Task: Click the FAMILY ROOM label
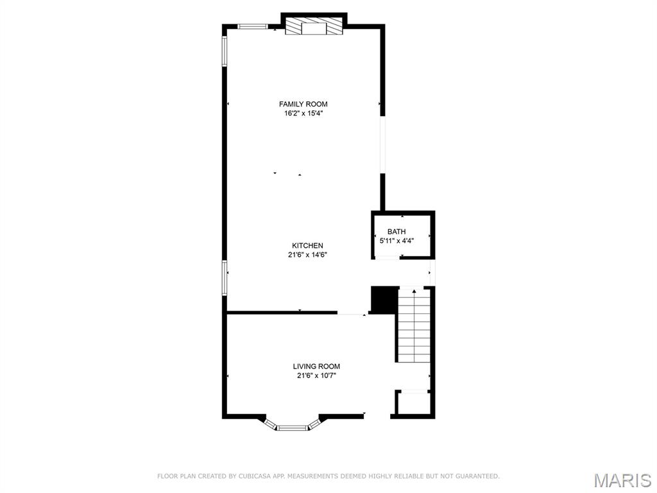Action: [303, 104]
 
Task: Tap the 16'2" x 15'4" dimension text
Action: [303, 114]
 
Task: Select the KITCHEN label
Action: [307, 246]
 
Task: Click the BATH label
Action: [397, 232]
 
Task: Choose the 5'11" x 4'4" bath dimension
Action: [397, 241]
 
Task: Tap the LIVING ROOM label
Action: [316, 367]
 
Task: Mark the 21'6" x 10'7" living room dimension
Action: [316, 376]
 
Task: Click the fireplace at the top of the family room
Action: [314, 27]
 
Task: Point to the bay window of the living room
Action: [293, 426]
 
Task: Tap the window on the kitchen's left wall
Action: [225, 277]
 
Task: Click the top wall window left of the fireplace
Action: [252, 26]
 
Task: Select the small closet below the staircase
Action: [412, 404]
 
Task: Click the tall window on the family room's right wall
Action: [382, 144]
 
